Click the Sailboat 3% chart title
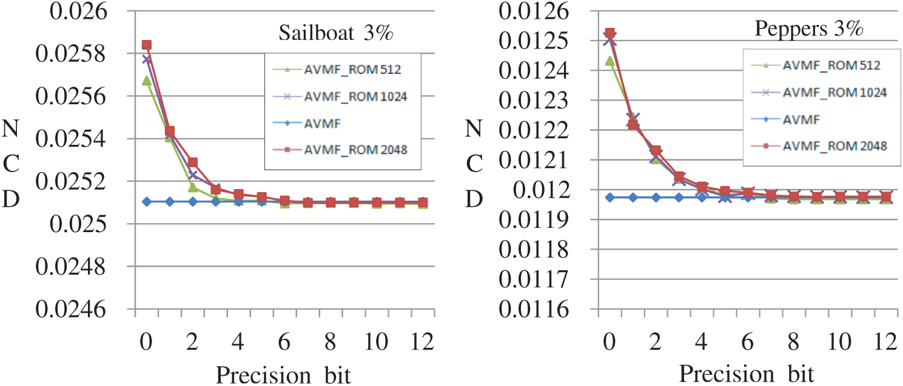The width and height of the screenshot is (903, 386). click(x=336, y=33)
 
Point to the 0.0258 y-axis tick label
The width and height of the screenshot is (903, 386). click(x=78, y=54)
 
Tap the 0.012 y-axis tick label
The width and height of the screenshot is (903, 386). click(x=546, y=190)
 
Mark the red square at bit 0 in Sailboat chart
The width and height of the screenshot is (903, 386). click(x=146, y=45)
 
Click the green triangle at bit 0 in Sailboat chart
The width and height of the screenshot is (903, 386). click(x=146, y=81)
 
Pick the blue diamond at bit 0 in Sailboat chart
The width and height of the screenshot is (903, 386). click(x=146, y=201)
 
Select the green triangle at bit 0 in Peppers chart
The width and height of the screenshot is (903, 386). click(x=610, y=61)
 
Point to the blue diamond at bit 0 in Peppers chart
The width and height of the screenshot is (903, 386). click(x=610, y=197)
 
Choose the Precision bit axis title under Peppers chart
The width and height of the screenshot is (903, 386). click(x=746, y=373)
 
